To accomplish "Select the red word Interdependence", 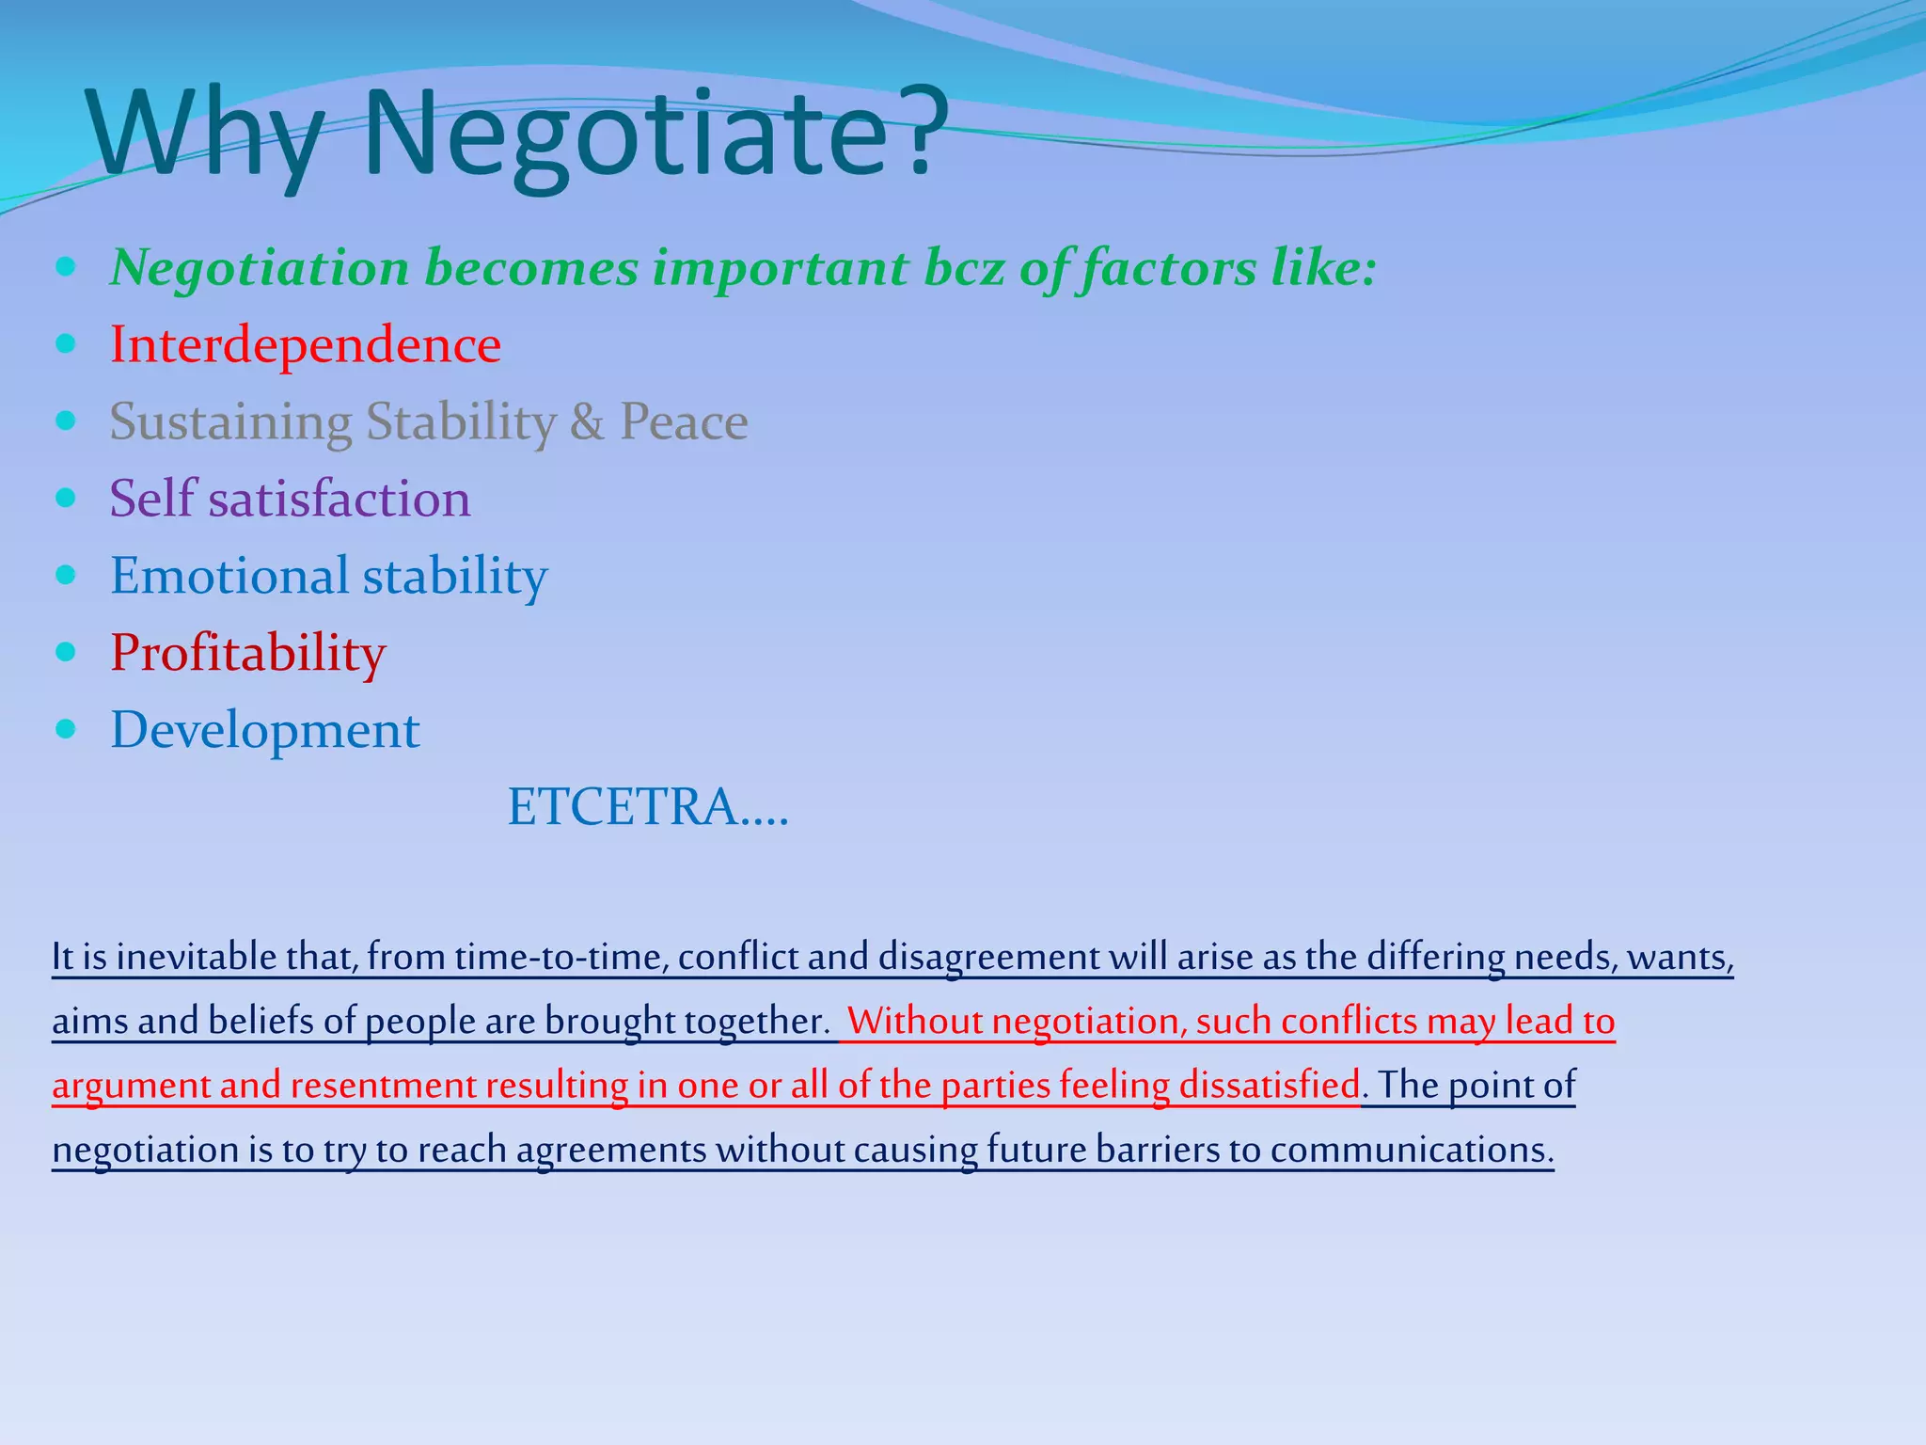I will (306, 344).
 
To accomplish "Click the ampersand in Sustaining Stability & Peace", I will (587, 421).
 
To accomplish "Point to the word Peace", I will (684, 421).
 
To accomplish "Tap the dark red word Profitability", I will (248, 653).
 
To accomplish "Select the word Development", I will (265, 730).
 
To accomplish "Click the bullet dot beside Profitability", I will (65, 651).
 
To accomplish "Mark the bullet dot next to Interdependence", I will (65, 343).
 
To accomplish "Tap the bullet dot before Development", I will (65, 728).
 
